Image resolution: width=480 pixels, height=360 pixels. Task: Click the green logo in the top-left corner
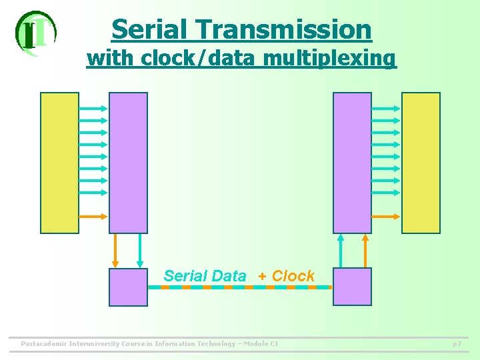coord(35,33)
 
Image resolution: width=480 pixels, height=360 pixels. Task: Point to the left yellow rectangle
coord(59,162)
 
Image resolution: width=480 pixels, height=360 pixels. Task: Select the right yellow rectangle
coord(421,162)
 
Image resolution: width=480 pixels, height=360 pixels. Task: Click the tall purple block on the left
coord(128,162)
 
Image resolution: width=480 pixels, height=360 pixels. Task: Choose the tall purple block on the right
coord(352,162)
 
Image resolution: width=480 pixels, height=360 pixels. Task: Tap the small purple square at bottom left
coord(128,287)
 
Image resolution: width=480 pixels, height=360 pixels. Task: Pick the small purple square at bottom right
coord(352,287)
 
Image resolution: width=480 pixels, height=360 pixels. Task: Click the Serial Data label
coord(205,276)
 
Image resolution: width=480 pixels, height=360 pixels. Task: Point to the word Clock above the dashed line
coord(293,276)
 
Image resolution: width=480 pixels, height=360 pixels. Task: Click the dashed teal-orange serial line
coord(240,287)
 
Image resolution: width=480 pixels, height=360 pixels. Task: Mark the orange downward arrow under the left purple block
coord(115,250)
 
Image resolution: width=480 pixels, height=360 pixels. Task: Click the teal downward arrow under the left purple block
coord(140,250)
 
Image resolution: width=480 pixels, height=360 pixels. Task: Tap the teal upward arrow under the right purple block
coord(341,250)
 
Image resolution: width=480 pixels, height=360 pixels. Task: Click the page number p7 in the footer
coord(457,344)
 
